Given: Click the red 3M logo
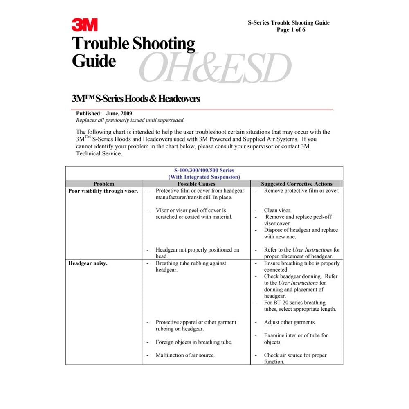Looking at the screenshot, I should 85,25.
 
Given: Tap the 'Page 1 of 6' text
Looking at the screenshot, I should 291,30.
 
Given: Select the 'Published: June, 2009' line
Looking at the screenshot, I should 104,113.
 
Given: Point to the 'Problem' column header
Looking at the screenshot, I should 104,184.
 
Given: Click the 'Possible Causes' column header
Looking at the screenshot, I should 196,184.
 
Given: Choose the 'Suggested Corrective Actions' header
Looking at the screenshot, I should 297,184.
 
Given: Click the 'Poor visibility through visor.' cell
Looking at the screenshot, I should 103,191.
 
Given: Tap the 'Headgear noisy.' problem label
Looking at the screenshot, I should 88,263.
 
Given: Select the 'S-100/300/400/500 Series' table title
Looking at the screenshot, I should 204,170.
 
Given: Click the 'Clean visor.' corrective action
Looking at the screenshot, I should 278,211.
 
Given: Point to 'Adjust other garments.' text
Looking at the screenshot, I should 290,322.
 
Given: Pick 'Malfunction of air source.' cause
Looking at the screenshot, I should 185,355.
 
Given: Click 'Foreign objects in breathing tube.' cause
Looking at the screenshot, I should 194,342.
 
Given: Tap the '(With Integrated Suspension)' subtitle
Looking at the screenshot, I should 204,177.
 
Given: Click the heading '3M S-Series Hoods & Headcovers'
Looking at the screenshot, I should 136,99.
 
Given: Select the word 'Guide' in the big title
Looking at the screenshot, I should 94,61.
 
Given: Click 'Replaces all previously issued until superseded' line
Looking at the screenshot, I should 130,120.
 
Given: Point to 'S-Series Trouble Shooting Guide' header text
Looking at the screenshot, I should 288,23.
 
